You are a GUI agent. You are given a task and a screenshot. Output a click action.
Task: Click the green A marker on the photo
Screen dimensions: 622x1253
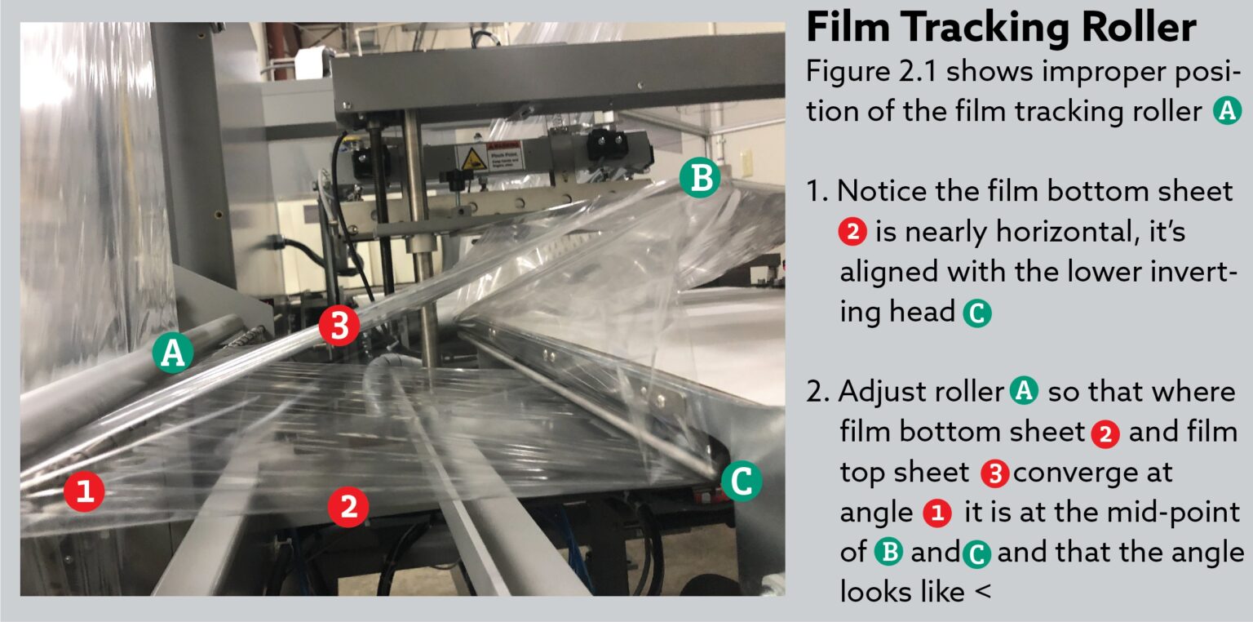click(x=172, y=353)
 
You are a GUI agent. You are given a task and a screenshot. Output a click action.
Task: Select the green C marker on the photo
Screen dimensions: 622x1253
click(x=742, y=481)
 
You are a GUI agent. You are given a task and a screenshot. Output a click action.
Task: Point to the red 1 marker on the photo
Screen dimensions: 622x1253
click(x=85, y=492)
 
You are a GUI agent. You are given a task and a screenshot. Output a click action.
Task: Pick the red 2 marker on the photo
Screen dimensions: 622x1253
click(x=348, y=507)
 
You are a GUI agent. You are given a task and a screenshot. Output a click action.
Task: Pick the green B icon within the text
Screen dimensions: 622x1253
click(x=888, y=553)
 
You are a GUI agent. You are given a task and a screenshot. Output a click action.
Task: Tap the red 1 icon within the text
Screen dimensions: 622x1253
click(x=937, y=513)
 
